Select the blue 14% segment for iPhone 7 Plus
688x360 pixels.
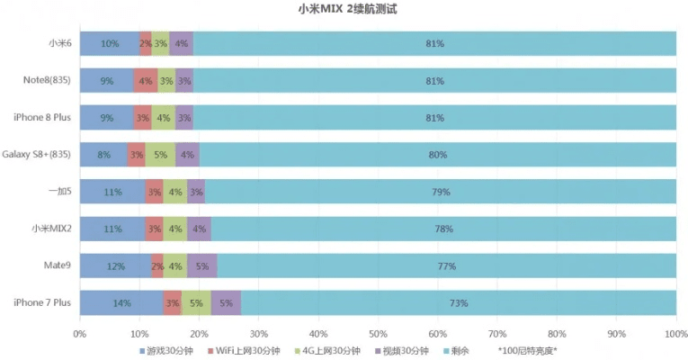click(x=121, y=303)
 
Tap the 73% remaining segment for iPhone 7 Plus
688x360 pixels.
click(x=458, y=303)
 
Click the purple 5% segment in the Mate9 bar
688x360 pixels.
click(x=202, y=266)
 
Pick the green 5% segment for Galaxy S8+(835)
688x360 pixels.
click(x=160, y=155)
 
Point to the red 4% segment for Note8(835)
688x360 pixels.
click(x=145, y=81)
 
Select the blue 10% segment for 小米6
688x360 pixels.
click(x=110, y=43)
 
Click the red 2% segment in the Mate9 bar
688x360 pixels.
click(x=156, y=266)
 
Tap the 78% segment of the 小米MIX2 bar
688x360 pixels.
click(x=443, y=229)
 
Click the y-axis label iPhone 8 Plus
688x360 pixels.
click(x=42, y=118)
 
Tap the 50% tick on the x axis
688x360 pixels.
click(x=378, y=334)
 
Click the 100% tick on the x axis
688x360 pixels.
click(x=675, y=334)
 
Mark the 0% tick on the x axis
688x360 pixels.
click(x=80, y=334)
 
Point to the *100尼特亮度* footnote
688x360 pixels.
click(x=527, y=351)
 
